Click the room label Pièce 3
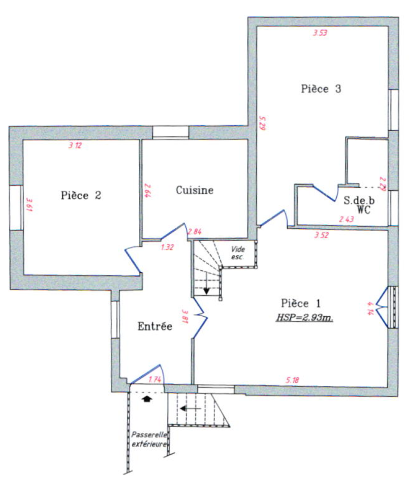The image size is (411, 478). point(321,89)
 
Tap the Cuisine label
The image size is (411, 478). point(195,190)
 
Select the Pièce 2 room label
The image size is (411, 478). point(81,195)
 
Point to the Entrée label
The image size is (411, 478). point(155,326)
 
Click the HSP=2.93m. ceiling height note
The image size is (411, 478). point(304,318)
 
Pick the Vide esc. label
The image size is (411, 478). point(238,253)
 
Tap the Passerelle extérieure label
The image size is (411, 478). point(149,439)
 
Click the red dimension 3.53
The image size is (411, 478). point(320,33)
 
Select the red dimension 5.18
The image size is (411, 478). point(292,380)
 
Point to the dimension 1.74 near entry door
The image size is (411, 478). point(155,380)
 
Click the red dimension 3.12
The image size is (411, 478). point(75,145)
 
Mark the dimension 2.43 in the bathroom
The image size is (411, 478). point(346,219)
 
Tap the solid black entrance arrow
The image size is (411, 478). point(147,399)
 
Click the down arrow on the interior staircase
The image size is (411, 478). point(207,284)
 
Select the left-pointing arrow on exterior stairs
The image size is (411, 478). point(190,408)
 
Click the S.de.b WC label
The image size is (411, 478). point(359,204)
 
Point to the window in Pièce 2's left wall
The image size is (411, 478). point(16,208)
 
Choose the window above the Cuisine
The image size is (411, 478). point(171,133)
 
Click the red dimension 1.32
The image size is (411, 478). point(167,247)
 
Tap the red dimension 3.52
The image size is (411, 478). point(321,235)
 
